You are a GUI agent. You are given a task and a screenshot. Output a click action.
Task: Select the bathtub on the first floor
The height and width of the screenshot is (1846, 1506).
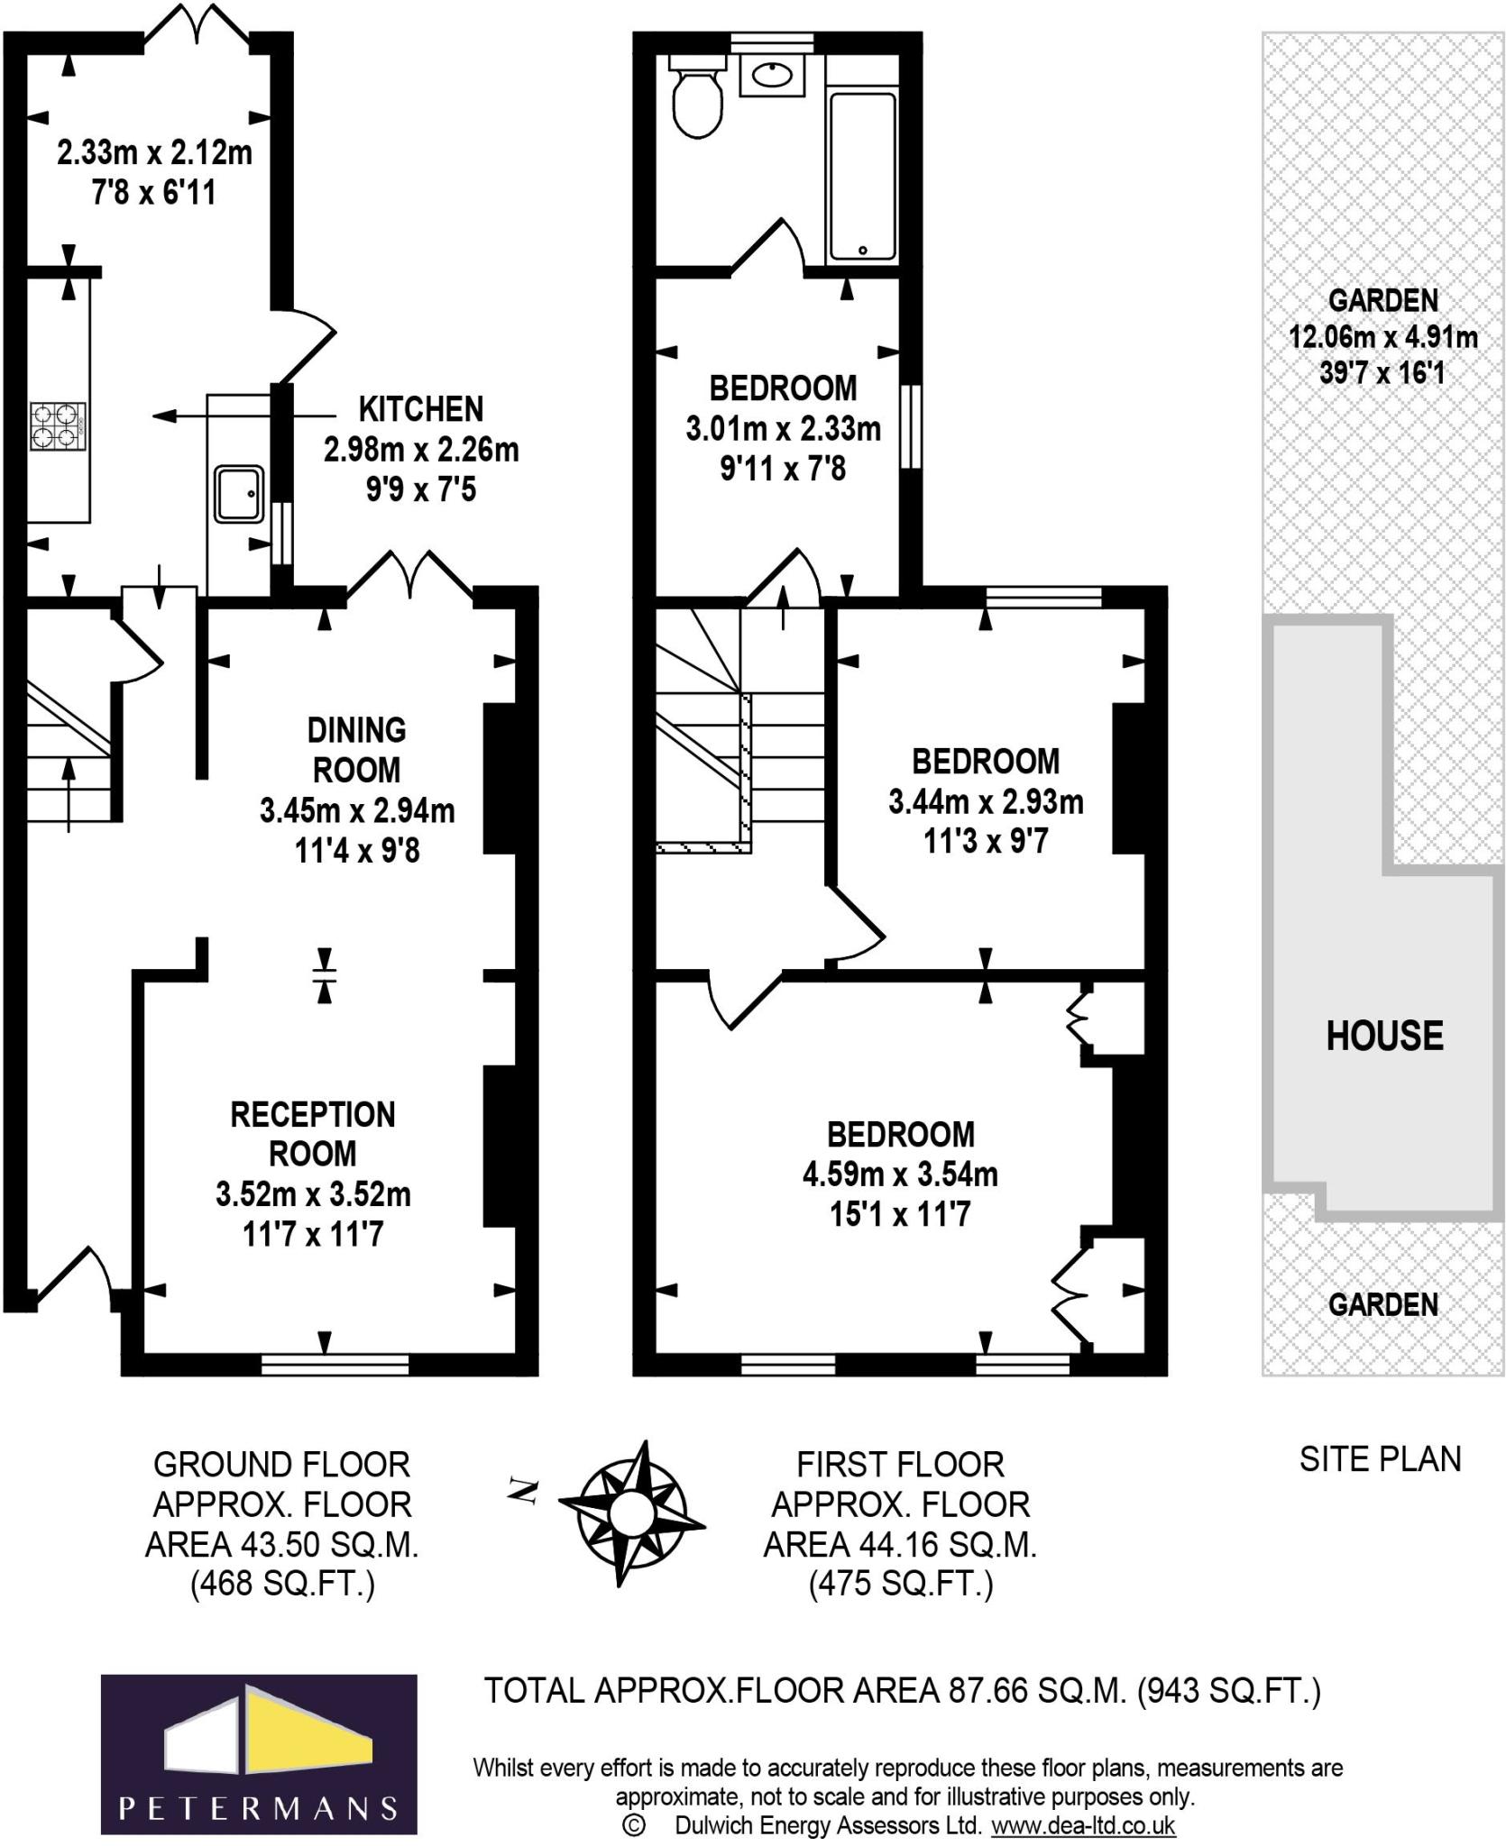click(x=863, y=178)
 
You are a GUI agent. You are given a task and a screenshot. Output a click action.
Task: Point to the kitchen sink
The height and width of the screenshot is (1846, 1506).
click(x=239, y=493)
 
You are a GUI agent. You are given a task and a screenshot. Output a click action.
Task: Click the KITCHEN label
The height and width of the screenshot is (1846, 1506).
click(x=421, y=409)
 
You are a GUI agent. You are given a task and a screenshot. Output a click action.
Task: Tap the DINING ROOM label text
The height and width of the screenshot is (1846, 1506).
click(x=357, y=750)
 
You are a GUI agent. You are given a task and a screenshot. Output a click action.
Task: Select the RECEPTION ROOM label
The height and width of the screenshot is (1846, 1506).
click(x=313, y=1134)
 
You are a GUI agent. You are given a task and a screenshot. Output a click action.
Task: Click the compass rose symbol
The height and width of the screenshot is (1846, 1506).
click(x=632, y=1513)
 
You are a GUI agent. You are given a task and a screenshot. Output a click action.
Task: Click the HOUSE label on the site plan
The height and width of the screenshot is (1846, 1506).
click(x=1384, y=1036)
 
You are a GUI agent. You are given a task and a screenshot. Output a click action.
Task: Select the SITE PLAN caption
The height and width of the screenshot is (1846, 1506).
click(x=1380, y=1459)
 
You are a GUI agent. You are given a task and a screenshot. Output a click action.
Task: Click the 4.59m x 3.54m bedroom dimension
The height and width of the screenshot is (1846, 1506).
click(x=900, y=1174)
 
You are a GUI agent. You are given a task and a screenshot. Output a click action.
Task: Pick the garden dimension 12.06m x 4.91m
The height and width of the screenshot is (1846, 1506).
click(x=1383, y=337)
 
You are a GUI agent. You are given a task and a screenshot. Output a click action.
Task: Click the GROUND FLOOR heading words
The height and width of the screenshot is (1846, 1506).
click(x=281, y=1465)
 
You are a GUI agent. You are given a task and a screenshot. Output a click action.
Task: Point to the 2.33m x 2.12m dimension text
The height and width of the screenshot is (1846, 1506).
click(x=154, y=152)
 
